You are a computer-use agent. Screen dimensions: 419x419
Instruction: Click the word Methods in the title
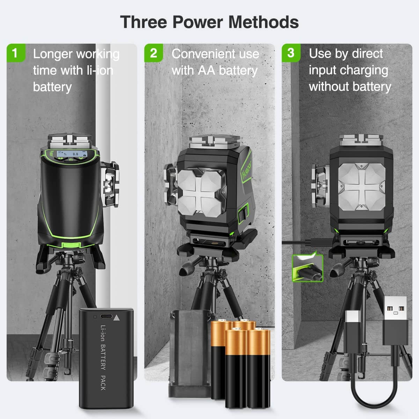click(263, 22)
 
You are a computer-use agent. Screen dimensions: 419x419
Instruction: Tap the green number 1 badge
click(15, 53)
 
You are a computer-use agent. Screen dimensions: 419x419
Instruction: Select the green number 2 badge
click(153, 53)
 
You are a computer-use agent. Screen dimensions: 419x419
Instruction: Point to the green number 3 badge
click(291, 53)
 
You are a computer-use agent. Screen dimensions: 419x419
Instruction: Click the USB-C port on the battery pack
click(106, 317)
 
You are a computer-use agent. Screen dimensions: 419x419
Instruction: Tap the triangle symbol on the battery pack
click(116, 318)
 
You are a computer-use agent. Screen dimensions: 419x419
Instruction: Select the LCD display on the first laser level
click(70, 154)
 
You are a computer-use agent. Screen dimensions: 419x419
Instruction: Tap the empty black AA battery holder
click(190, 353)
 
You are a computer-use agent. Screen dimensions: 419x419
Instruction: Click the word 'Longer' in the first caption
click(52, 54)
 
